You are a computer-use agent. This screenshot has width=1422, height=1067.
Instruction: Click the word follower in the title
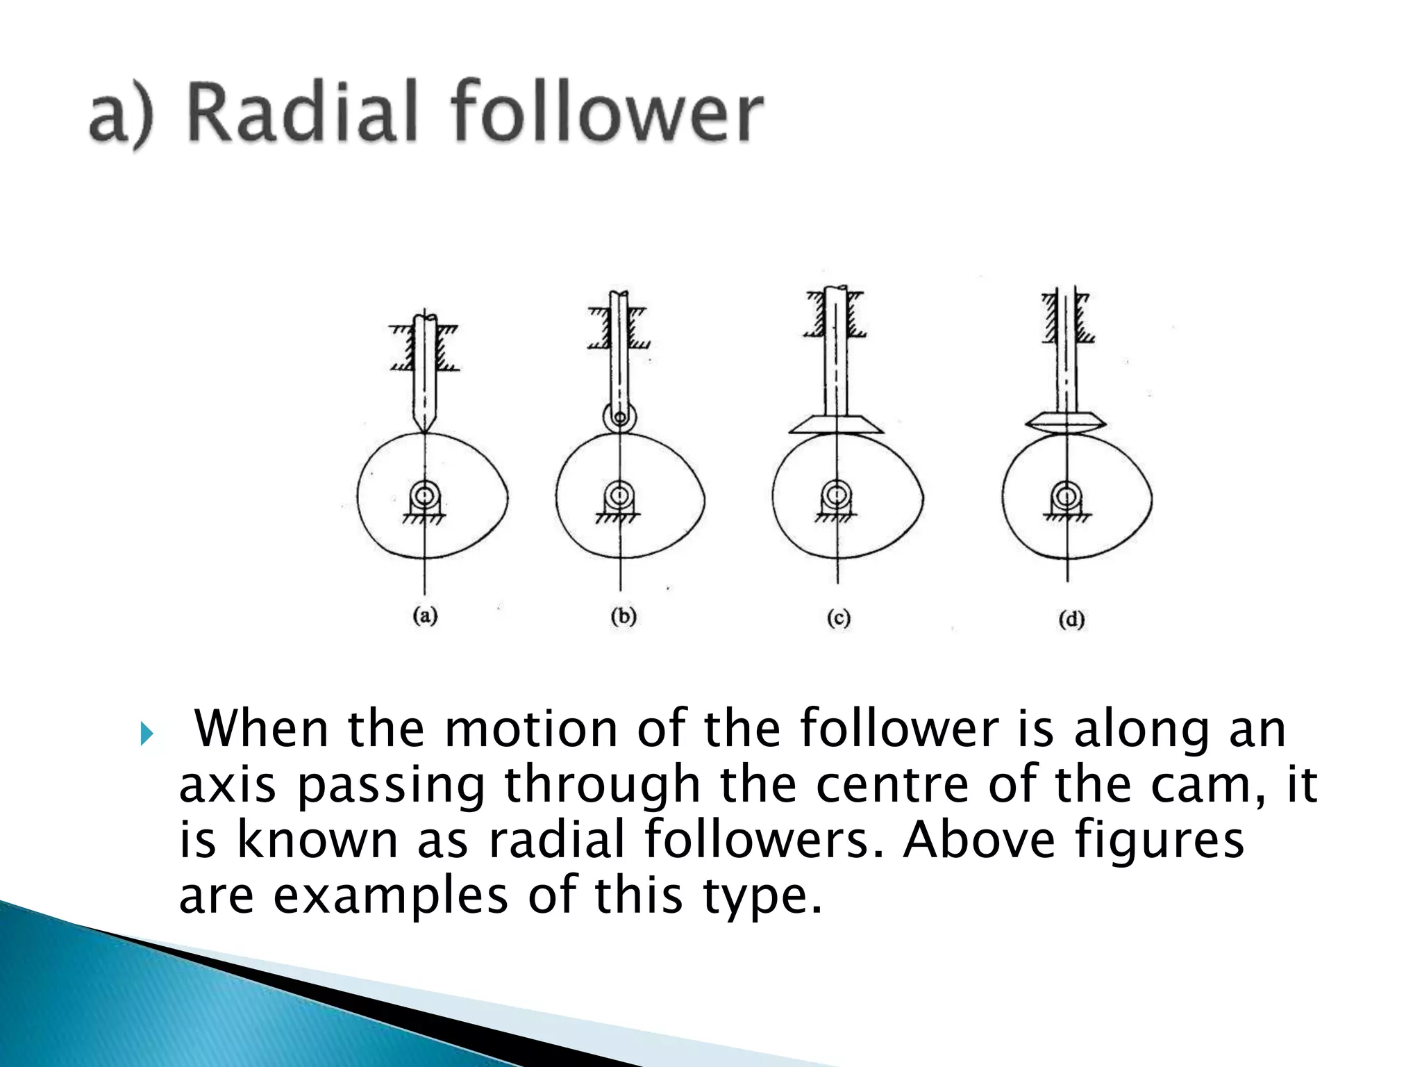(x=607, y=113)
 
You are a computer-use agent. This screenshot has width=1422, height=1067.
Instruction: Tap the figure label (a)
(x=425, y=615)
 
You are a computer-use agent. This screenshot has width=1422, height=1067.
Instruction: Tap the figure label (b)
(x=623, y=616)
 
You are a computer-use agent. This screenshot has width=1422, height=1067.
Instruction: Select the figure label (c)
(x=838, y=618)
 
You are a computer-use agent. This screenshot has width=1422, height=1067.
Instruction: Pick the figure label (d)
(x=1071, y=619)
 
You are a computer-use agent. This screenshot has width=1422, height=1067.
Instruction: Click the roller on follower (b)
(x=620, y=418)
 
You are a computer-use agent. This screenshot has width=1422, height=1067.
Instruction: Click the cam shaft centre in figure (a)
(x=424, y=496)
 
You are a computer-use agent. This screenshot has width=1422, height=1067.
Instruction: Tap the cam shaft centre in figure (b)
(x=617, y=495)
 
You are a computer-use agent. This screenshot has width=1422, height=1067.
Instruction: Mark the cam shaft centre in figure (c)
(x=837, y=494)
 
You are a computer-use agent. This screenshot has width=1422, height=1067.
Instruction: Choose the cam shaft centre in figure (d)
(x=1066, y=495)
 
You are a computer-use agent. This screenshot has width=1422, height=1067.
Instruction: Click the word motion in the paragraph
(x=530, y=729)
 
